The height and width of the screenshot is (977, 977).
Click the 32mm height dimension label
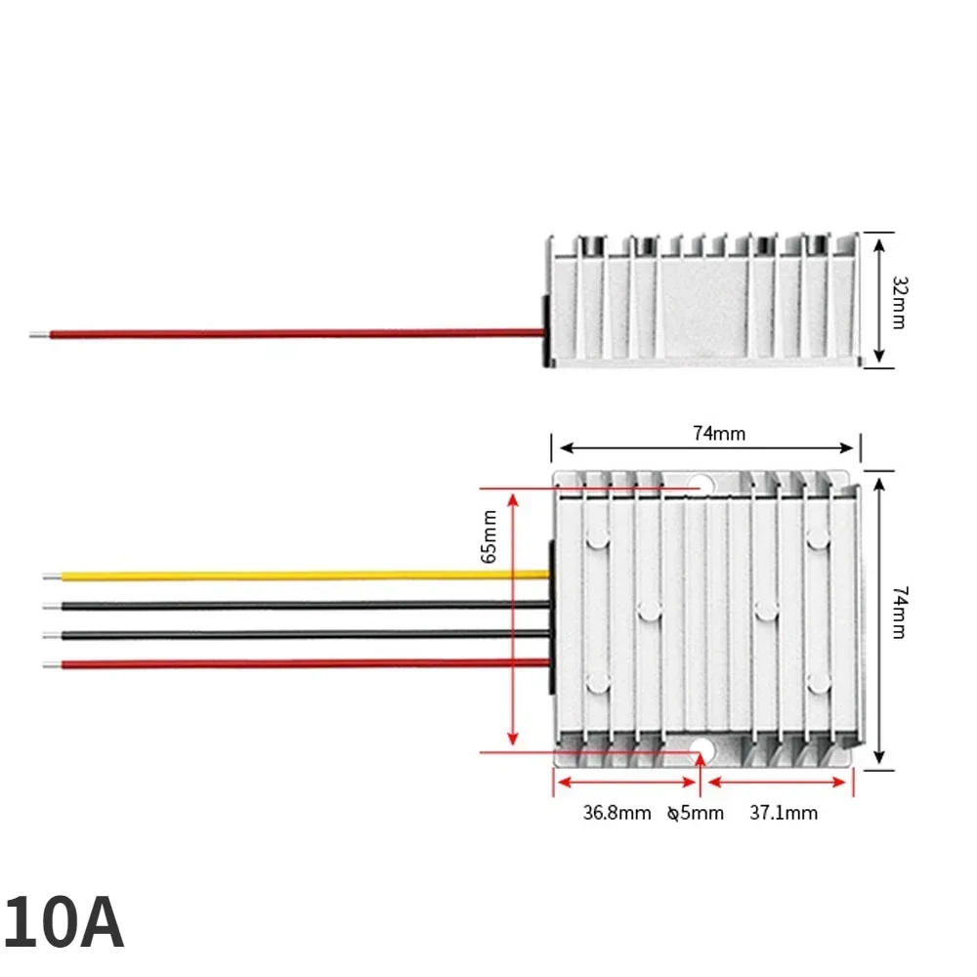[x=900, y=302]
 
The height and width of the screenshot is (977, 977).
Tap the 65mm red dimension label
[x=489, y=536]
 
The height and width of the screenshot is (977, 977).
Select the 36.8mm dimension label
[x=616, y=813]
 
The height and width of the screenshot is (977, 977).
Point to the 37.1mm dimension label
[x=784, y=813]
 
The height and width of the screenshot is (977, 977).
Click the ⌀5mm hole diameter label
[x=696, y=813]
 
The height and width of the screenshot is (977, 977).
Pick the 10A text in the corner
[x=63, y=922]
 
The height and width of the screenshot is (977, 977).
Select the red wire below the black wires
[x=297, y=664]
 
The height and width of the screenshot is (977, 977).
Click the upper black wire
[x=297, y=605]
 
